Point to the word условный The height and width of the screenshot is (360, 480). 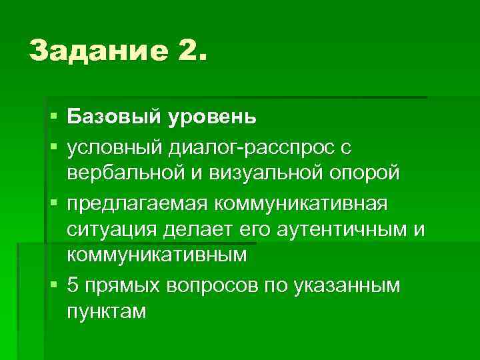(x=117, y=145)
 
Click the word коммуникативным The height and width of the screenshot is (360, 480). (x=157, y=255)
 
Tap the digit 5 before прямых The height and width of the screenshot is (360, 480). (x=73, y=285)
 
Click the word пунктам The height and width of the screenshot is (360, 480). (x=105, y=311)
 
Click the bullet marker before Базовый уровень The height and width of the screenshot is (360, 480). (x=53, y=118)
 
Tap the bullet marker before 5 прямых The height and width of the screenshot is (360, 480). (x=53, y=285)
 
